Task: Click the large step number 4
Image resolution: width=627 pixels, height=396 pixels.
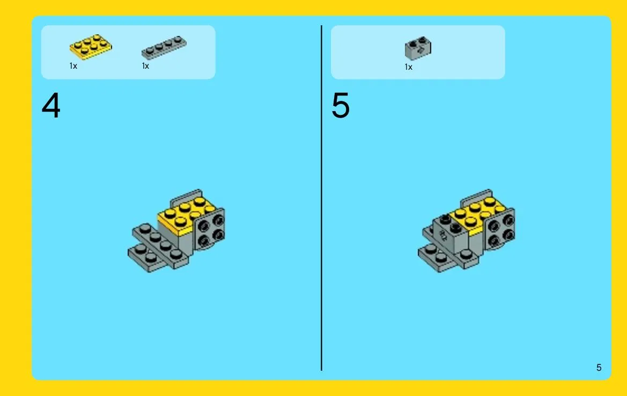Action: point(51,105)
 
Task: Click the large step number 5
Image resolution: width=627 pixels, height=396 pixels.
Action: point(341,106)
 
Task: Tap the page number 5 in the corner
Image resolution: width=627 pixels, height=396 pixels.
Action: point(599,368)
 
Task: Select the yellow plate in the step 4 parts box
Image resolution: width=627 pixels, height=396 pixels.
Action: point(91,47)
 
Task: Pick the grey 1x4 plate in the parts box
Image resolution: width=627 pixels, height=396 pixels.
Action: point(164,48)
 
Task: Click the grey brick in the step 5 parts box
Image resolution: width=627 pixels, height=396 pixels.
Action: point(418,48)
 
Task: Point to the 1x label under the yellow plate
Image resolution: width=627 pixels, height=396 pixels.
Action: point(73,66)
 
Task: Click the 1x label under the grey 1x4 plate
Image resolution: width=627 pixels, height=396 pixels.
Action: point(145,66)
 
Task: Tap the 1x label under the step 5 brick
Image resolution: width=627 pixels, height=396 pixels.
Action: point(408,67)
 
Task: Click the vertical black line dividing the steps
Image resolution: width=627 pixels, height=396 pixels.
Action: point(321,198)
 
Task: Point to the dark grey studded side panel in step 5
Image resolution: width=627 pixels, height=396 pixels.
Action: point(500,231)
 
